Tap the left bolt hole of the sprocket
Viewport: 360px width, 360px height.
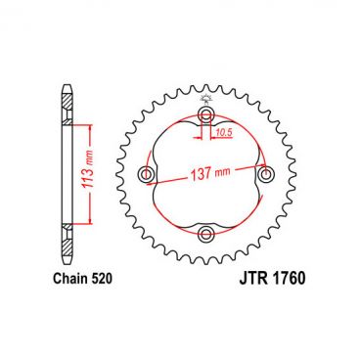coord(148,175)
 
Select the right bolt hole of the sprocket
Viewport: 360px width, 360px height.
coord(264,174)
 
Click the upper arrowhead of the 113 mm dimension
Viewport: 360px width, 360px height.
coord(89,128)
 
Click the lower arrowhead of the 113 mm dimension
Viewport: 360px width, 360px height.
coord(89,222)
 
